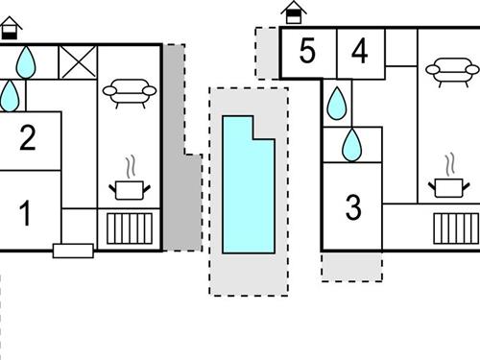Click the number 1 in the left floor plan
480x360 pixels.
26,213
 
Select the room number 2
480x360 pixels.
27,139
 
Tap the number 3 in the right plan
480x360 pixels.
353,206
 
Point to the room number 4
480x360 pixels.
359,52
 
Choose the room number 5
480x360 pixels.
307,52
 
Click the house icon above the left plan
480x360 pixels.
11,27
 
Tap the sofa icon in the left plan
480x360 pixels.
130,91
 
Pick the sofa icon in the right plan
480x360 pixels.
449,69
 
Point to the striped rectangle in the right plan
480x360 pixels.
455,229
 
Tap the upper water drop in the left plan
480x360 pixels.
26,62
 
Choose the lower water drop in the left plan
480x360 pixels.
9,94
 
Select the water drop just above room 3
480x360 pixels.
353,144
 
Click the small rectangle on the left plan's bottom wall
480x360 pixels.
73,251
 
